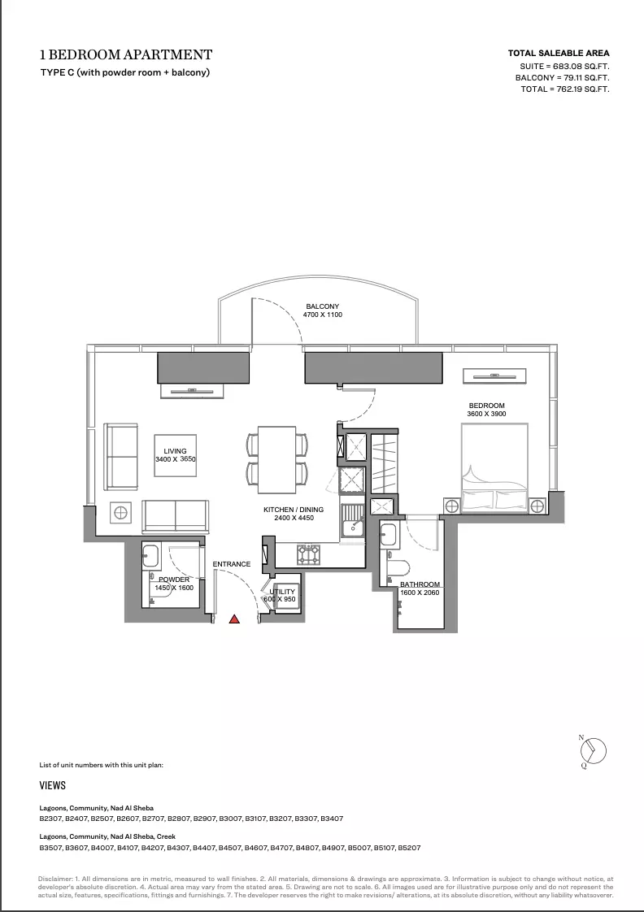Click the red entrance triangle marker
234,619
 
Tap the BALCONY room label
322,306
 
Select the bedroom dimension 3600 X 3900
486,414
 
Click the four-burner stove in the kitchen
308,554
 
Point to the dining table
277,459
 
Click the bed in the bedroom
494,468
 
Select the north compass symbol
593,750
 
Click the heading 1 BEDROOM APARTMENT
126,54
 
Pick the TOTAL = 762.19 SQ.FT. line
565,89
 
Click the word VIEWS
52,785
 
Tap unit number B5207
409,848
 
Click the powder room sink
151,557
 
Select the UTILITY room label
282,592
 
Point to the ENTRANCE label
232,564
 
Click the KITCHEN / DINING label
294,510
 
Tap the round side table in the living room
120,513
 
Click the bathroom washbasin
388,534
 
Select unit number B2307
50,819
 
